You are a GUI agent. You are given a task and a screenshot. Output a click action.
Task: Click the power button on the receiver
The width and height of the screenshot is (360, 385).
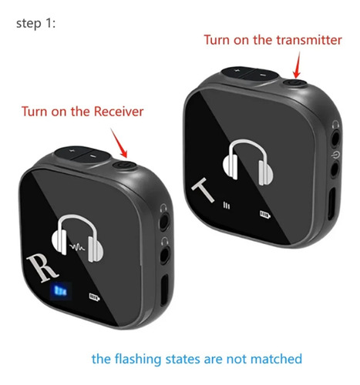tap(124, 165)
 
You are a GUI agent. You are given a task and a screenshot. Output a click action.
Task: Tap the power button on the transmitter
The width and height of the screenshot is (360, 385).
tap(295, 83)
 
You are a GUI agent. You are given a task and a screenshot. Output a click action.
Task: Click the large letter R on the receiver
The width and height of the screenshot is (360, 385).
tap(42, 268)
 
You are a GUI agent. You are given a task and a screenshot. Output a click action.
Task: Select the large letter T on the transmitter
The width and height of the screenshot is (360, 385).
tap(203, 189)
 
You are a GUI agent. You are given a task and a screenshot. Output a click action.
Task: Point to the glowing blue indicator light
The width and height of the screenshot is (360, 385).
tap(60, 291)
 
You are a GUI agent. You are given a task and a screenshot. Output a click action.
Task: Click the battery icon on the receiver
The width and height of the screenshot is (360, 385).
tap(94, 297)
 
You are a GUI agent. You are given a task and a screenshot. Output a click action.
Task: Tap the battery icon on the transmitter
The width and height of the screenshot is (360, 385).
tap(265, 214)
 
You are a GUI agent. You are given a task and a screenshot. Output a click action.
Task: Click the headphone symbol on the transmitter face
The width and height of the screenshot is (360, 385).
tap(247, 162)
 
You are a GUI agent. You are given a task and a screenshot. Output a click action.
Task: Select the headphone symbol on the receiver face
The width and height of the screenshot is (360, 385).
tap(77, 239)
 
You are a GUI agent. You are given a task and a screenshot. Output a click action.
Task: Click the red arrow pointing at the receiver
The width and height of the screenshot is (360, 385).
tap(119, 142)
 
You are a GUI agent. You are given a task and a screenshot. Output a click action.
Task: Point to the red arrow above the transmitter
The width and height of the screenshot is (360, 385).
tap(298, 65)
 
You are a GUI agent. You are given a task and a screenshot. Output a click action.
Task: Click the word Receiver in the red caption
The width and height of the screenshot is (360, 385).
tap(119, 112)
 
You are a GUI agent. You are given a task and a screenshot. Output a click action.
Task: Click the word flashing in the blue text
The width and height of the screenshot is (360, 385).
tap(137, 359)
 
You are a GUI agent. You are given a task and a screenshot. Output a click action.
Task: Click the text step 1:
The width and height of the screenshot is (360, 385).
tap(35, 23)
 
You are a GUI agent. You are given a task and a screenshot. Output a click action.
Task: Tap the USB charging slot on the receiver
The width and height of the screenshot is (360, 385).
tap(164, 290)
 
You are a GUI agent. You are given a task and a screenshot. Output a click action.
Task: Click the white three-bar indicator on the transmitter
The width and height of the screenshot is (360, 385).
tap(227, 206)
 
